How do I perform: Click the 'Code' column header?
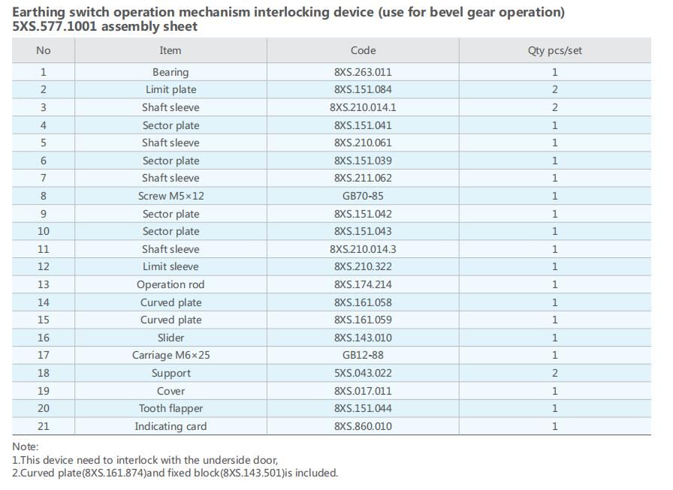(363, 50)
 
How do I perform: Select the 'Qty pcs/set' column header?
(554, 50)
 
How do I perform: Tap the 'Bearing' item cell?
(171, 72)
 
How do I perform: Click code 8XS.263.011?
(363, 72)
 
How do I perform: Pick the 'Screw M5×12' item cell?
(171, 196)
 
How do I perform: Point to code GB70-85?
(363, 196)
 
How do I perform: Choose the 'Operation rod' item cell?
(171, 284)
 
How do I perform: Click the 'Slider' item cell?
(171, 338)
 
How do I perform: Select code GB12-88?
(363, 355)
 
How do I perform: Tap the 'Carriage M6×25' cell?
(171, 355)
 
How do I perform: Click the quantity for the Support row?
(555, 373)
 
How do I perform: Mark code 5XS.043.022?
(363, 373)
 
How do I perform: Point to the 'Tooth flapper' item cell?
(171, 408)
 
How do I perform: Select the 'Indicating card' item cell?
(171, 426)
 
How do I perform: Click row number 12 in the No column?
(44, 266)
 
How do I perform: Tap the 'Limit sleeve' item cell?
(171, 266)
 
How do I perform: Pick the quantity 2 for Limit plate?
(555, 89)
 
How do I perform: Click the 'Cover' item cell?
(171, 391)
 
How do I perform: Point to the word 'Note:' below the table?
(25, 446)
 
